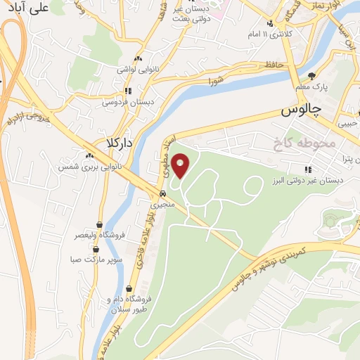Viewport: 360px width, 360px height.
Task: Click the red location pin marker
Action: (181, 167)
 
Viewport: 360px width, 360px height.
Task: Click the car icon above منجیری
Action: (162, 195)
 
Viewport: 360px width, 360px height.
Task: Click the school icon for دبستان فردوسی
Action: (127, 91)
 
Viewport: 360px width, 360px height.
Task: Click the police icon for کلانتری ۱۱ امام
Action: (270, 22)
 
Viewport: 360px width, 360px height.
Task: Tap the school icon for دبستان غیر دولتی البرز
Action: (307, 169)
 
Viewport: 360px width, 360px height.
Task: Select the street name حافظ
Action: (274, 65)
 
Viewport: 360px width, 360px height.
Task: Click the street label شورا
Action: (215, 82)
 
